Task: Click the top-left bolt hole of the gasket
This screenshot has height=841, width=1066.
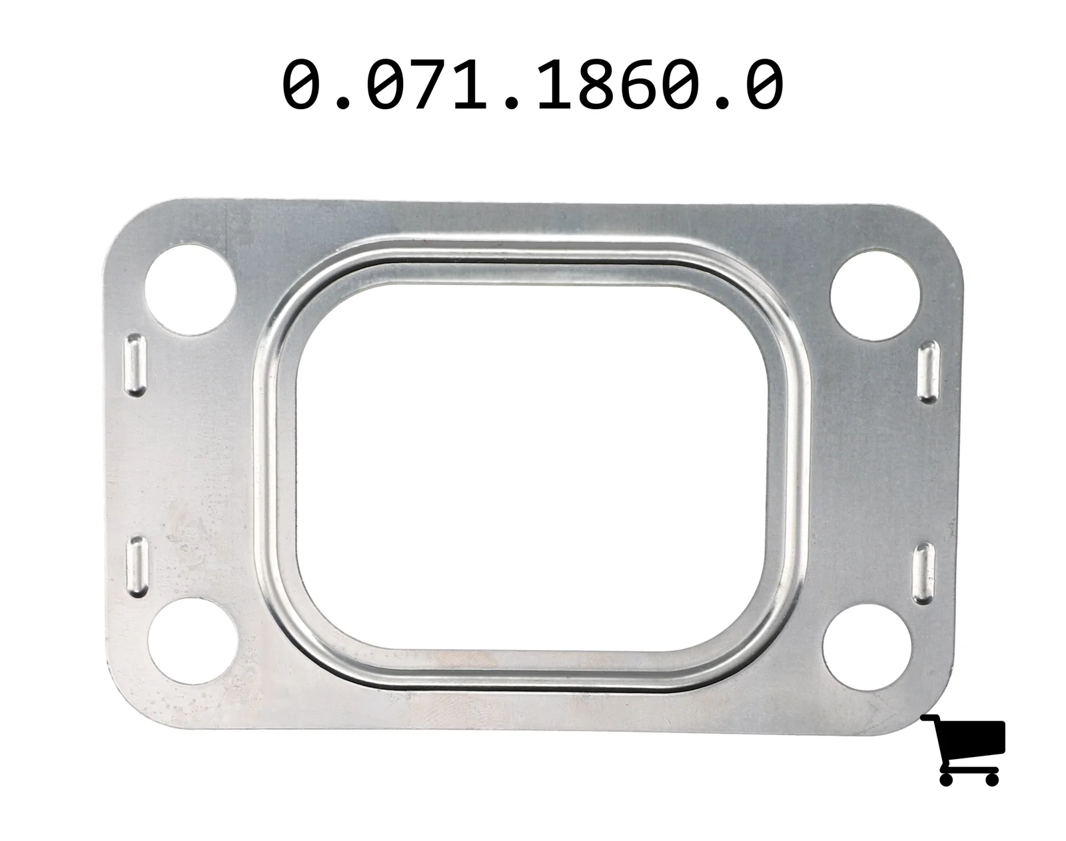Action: (x=190, y=290)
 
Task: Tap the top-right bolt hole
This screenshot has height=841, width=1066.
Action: (x=875, y=296)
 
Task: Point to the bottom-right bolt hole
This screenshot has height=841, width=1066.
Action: (x=867, y=647)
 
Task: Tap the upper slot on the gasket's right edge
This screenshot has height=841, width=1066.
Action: (x=928, y=372)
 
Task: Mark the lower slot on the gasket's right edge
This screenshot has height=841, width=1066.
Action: (x=923, y=574)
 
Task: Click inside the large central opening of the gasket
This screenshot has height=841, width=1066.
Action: (x=532, y=467)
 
